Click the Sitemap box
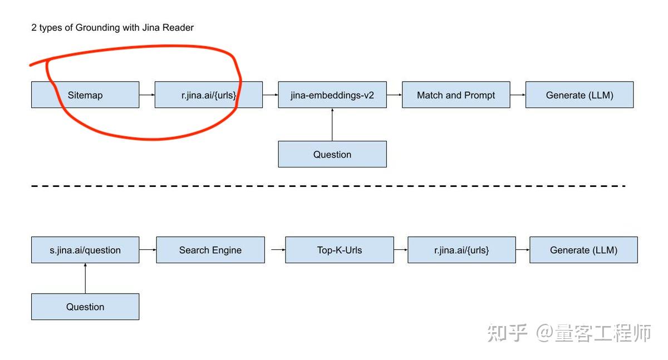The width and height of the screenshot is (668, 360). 85,95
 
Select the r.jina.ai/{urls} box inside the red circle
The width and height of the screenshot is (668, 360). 208,95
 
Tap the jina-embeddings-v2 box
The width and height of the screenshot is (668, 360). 332,95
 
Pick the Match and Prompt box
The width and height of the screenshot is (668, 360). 456,95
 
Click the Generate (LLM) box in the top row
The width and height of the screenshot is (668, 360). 579,95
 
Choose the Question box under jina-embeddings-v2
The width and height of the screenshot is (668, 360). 332,154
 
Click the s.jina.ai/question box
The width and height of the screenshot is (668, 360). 85,250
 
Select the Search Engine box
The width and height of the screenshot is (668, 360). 210,250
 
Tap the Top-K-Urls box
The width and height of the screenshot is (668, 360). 340,250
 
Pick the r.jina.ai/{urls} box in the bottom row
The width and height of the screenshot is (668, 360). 461,250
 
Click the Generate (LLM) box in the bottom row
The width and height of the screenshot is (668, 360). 583,250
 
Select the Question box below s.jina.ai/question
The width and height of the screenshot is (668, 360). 85,307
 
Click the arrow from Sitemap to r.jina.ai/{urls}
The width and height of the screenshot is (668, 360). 147,95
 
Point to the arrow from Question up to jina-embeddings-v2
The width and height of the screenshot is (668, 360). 332,124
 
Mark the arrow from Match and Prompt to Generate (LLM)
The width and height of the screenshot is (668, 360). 518,95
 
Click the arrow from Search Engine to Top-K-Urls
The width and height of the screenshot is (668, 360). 278,250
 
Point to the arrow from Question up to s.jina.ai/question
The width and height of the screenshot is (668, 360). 85,278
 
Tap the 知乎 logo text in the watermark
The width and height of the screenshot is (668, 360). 507,333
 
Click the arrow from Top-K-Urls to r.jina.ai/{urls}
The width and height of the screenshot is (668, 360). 401,250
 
